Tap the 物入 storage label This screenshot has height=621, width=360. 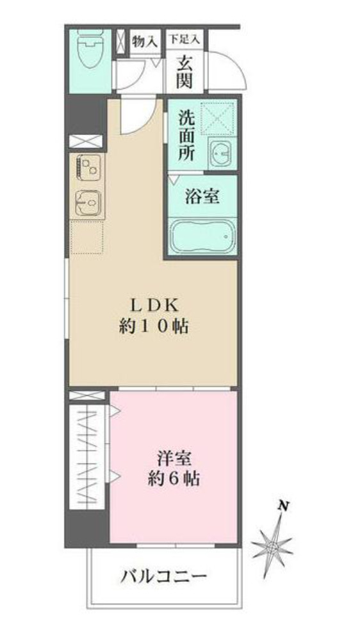[145, 41]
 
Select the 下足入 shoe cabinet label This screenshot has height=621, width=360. [184, 39]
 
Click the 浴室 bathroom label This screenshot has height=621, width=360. [202, 196]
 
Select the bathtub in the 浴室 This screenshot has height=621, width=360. [202, 237]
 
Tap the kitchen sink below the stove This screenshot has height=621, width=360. [88, 204]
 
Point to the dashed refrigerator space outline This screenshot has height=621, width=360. [87, 237]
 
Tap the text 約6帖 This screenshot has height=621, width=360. [173, 479]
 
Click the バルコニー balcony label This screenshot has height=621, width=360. [165, 576]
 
